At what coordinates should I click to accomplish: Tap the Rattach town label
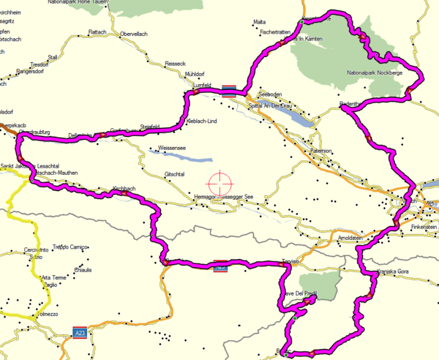[x=97, y=32]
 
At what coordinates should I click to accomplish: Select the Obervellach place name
[x=135, y=34]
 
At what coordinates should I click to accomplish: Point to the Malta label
[x=259, y=22]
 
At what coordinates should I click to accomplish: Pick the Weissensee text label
[x=169, y=149]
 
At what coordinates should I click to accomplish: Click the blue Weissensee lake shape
[x=187, y=157]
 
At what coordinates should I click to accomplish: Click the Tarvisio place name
[x=291, y=263]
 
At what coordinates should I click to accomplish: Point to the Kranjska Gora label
[x=396, y=272]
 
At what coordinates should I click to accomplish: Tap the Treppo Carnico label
[x=71, y=247]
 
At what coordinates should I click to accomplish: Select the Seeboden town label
[x=270, y=94]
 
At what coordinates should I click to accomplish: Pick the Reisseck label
[x=176, y=64]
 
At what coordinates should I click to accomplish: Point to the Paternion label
[x=320, y=151]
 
